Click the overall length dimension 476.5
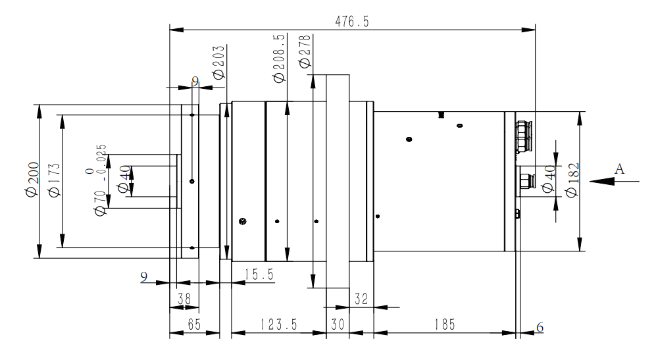pyautogui.click(x=353, y=22)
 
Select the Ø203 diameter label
pyautogui.click(x=219, y=62)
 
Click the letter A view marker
pyautogui.click(x=619, y=169)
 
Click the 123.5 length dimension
pyautogui.click(x=278, y=323)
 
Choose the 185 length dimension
pyautogui.click(x=443, y=323)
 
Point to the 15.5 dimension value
pyautogui.click(x=259, y=273)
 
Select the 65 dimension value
pyautogui.click(x=193, y=323)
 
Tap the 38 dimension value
pyautogui.click(x=185, y=298)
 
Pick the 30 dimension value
pyautogui.click(x=338, y=323)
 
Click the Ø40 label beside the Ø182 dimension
pyautogui.click(x=547, y=180)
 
